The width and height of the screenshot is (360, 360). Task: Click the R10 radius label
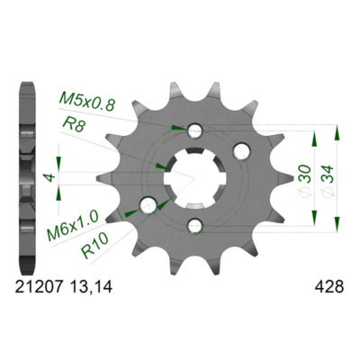94,251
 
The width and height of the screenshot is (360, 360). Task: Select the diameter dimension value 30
306,175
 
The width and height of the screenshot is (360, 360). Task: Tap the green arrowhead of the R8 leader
160,166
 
